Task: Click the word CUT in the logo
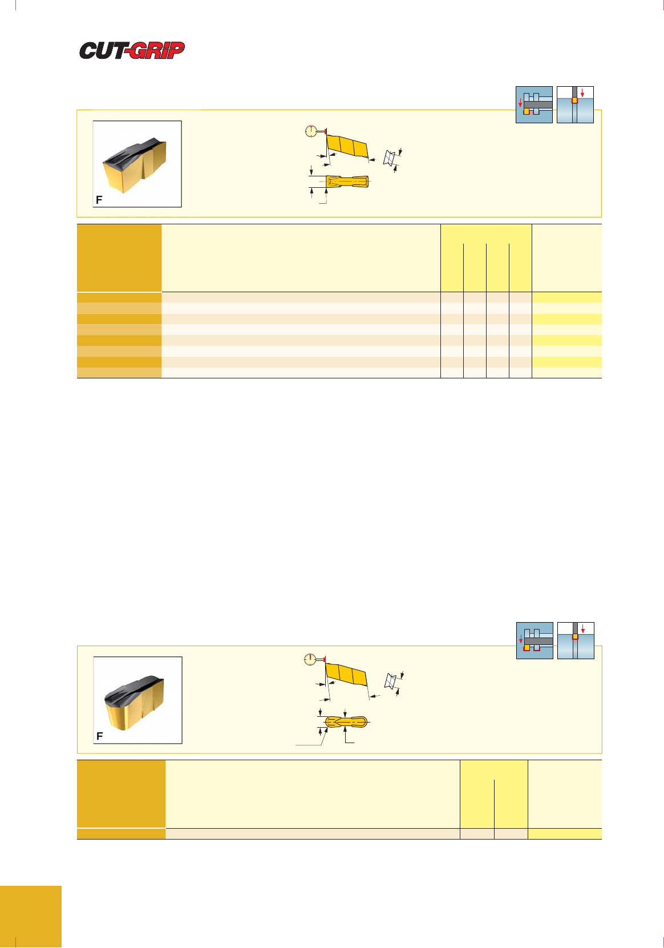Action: [x=102, y=50]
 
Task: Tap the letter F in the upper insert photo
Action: [x=99, y=200]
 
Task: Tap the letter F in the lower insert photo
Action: [x=99, y=736]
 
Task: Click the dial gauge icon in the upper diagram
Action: [x=311, y=131]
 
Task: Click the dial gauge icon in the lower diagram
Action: [x=310, y=659]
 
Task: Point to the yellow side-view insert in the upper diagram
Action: [x=347, y=147]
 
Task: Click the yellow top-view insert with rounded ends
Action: [x=346, y=721]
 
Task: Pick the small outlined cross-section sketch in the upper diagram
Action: [x=389, y=158]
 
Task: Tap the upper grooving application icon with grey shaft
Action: [x=534, y=104]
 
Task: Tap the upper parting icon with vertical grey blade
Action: [x=575, y=104]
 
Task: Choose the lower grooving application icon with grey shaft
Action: [x=535, y=640]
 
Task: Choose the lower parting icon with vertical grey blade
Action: [x=576, y=640]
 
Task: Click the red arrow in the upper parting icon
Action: [x=582, y=92]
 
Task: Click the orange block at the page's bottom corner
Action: [x=31, y=917]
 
